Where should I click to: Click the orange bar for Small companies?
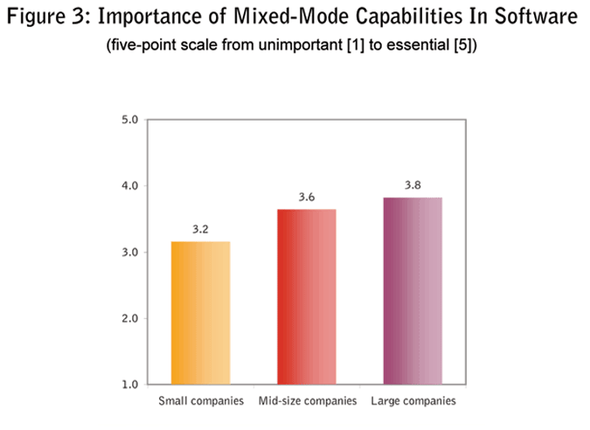tap(201, 312)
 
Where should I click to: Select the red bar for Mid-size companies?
tap(307, 296)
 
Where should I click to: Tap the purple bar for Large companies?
tap(413, 290)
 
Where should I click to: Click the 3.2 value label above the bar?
tap(201, 229)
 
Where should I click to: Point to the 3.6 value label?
tap(307, 198)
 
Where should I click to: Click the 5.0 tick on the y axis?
tap(128, 120)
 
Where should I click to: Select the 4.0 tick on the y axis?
tap(128, 186)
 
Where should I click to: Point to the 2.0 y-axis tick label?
tap(128, 318)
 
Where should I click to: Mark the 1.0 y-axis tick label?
tap(128, 384)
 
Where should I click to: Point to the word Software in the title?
tap(534, 17)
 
